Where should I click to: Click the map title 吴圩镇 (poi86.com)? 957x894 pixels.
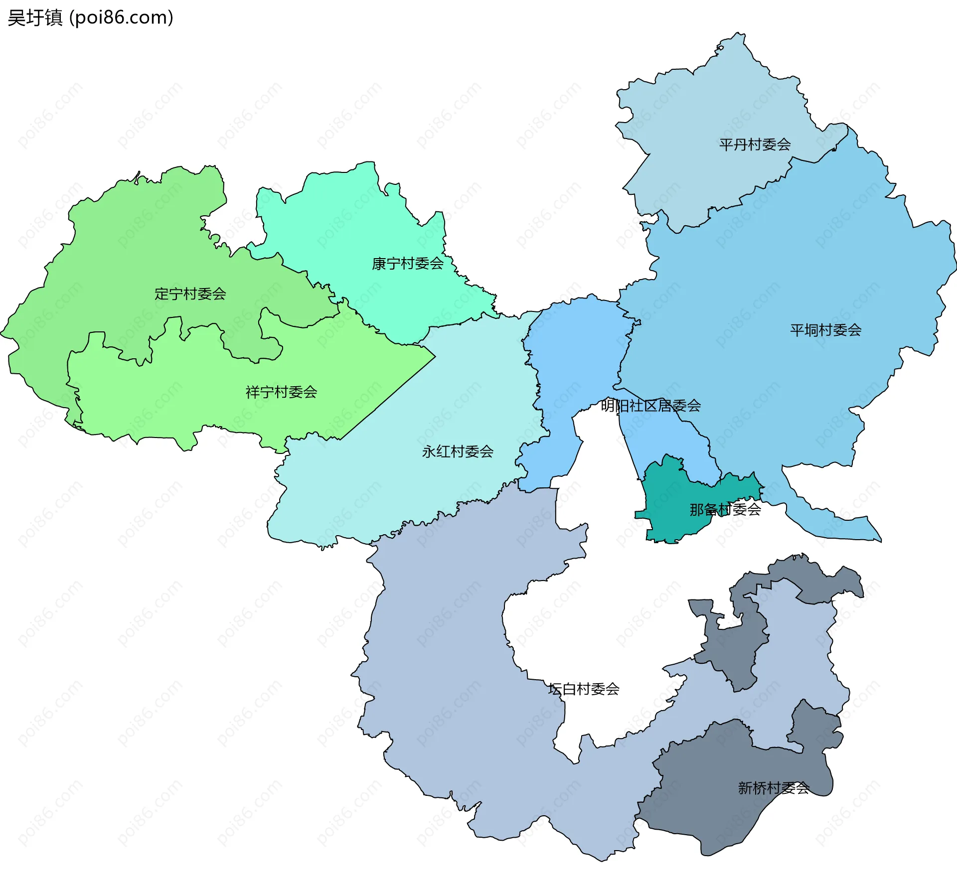pos(90,18)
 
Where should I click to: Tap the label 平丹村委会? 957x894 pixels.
pos(755,145)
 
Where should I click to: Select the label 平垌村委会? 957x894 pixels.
pos(825,330)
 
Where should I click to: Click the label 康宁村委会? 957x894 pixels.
pos(407,264)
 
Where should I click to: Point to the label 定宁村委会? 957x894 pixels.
pos(190,294)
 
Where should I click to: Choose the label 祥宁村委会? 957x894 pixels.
pos(281,392)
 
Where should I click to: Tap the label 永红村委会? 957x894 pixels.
pos(457,451)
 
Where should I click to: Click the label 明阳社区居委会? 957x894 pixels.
pos(650,406)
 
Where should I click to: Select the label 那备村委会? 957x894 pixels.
pos(725,509)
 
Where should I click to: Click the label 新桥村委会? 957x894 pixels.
pos(773,788)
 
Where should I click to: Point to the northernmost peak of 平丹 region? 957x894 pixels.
pos(739,35)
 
